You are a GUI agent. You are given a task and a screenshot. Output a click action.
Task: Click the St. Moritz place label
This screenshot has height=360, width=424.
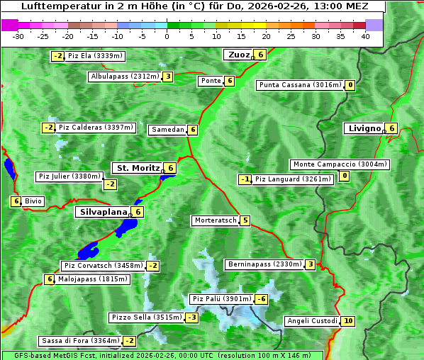[x=138, y=168]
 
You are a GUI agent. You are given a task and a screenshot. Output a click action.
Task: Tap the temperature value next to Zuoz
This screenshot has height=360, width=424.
[x=261, y=55]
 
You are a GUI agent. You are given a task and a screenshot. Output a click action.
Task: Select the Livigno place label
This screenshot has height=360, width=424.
[x=364, y=128]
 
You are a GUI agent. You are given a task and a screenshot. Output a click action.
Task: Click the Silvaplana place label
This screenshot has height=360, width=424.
[x=103, y=211]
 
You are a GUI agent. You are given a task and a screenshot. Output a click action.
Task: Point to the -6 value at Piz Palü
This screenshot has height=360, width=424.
[x=262, y=299]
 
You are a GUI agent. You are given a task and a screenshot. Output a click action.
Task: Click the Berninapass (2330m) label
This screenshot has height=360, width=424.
[x=264, y=264]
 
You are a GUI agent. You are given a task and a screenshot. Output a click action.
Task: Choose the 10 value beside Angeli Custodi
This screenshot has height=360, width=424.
[x=348, y=321]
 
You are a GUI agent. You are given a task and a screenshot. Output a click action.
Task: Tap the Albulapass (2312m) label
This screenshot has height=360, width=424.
[x=125, y=77]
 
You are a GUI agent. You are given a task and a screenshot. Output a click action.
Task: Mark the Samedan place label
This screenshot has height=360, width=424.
[x=167, y=130]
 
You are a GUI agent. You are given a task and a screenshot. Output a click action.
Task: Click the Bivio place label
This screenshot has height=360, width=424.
[x=33, y=201]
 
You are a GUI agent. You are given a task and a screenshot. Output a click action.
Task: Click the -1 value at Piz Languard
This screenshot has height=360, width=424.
[x=245, y=179]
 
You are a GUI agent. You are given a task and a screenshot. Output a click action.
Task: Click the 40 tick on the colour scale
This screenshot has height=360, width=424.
[x=365, y=36]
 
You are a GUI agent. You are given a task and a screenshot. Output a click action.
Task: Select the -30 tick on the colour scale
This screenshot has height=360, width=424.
[x=18, y=36]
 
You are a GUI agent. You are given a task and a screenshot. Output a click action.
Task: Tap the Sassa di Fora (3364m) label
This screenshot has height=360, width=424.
[x=79, y=341]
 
